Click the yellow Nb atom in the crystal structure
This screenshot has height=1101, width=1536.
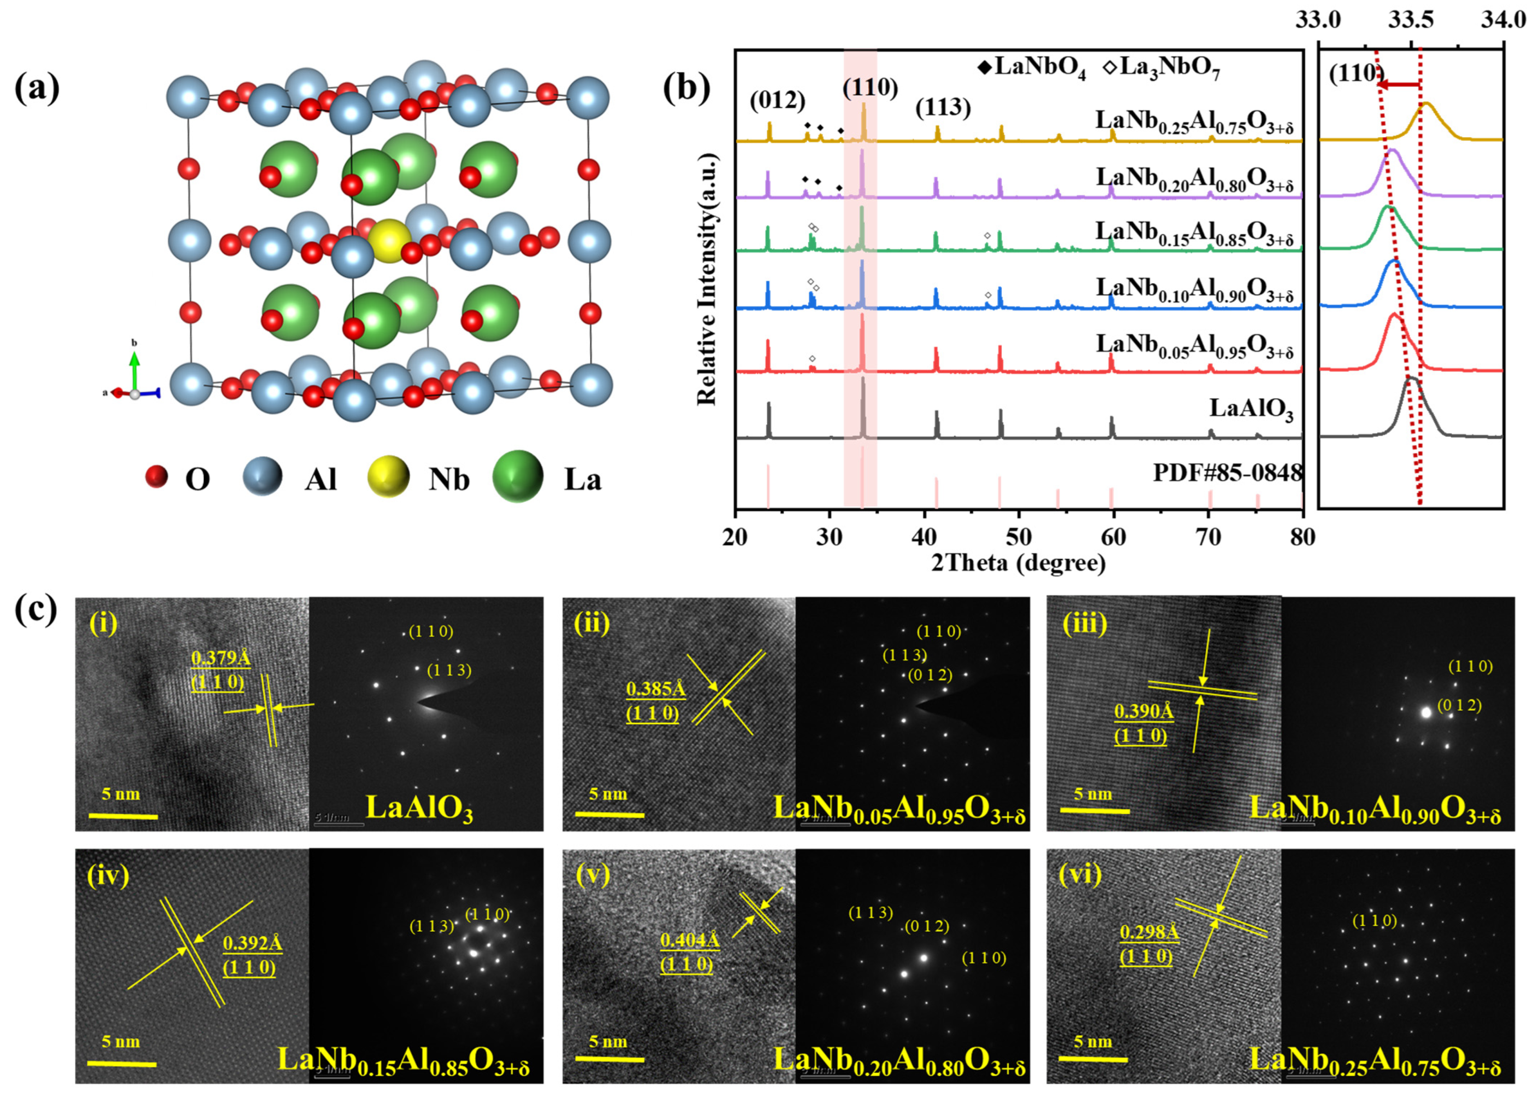(389, 240)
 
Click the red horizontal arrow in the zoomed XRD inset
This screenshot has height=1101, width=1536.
(1398, 85)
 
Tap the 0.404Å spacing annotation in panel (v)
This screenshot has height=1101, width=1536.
(689, 940)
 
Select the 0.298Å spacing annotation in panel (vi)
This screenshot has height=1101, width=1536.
(1148, 932)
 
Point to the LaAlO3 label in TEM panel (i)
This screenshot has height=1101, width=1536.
(419, 808)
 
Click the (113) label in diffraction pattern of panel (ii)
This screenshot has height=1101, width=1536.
(904, 655)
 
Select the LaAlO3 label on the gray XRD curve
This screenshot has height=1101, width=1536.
(1251, 408)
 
